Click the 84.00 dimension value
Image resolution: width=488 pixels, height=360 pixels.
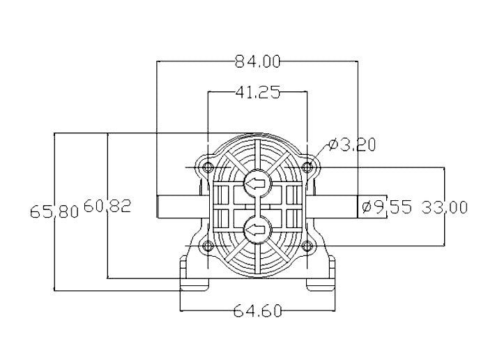click(x=257, y=61)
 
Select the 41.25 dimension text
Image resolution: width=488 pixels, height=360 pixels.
click(x=257, y=93)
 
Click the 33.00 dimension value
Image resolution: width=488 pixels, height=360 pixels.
click(x=445, y=207)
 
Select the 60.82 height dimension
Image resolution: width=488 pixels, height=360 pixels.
click(x=107, y=206)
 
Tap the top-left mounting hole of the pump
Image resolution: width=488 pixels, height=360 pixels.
click(x=207, y=167)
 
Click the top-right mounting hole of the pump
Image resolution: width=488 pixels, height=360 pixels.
click(x=307, y=167)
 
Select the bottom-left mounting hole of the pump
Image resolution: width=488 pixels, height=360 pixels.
click(x=207, y=245)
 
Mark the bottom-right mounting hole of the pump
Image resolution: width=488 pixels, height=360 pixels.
click(x=307, y=245)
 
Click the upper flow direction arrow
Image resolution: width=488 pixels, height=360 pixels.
click(x=257, y=184)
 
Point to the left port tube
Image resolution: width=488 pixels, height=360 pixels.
click(x=178, y=207)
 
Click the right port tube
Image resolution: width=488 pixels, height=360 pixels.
click(x=337, y=207)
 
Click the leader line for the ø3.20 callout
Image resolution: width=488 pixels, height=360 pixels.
click(x=318, y=153)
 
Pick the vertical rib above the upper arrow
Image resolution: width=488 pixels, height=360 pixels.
click(x=257, y=154)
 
